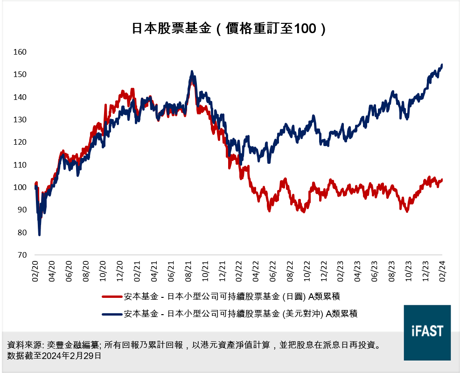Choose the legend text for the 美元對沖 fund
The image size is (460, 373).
pos(241,314)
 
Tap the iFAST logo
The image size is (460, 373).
pos(427,332)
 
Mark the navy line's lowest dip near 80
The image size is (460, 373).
pos(39,234)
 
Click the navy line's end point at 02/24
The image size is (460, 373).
pos(441,65)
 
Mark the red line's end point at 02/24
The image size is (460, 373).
pos(441,179)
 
